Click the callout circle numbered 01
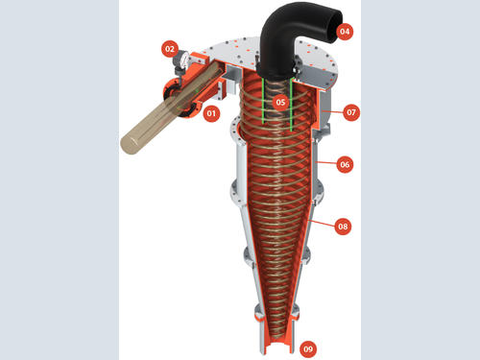pyautogui.click(x=211, y=113)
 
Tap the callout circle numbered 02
pyautogui.click(x=170, y=49)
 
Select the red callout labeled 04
pyautogui.click(x=345, y=32)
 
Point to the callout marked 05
pyautogui.click(x=280, y=102)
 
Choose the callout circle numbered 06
pyautogui.click(x=345, y=164)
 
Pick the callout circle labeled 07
pyautogui.click(x=351, y=112)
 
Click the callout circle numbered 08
pyautogui.click(x=343, y=227)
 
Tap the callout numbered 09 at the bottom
pyautogui.click(x=308, y=348)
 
